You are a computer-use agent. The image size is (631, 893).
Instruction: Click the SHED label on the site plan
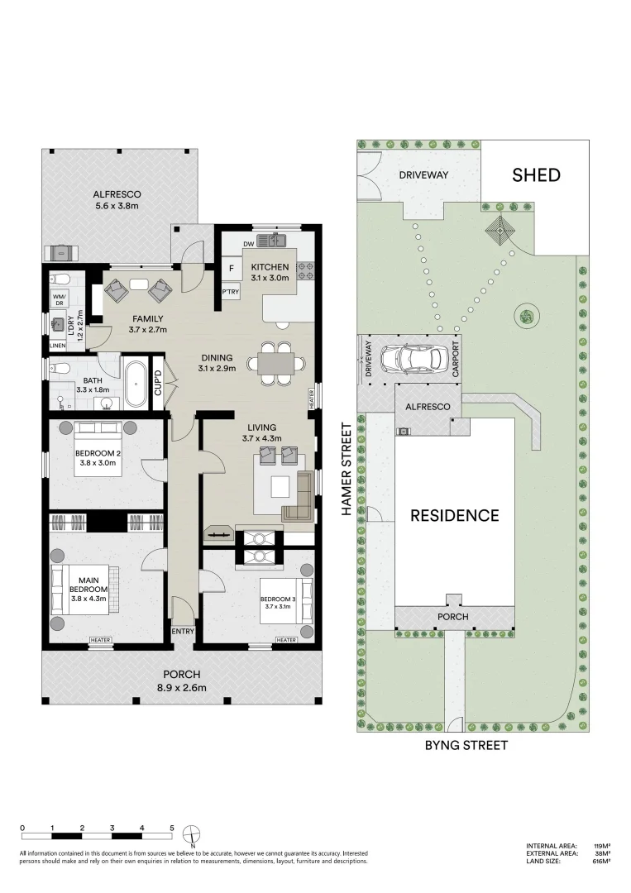pos(536,174)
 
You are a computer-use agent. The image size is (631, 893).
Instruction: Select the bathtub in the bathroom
pos(136,384)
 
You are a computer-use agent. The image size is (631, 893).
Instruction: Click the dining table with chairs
pos(275,364)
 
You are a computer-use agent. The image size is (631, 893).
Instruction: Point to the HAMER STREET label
pos(347,470)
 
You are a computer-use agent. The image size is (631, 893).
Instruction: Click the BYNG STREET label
pos(466,745)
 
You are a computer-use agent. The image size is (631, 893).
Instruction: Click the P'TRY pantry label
pos(231,292)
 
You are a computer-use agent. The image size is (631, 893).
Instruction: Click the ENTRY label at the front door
pos(183,632)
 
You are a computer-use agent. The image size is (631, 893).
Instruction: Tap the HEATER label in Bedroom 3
pos(286,640)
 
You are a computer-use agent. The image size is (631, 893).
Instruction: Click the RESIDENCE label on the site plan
pos(455,515)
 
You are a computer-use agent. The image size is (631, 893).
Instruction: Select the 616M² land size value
pos(601,861)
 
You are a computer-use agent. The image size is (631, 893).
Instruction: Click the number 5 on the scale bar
pos(172,827)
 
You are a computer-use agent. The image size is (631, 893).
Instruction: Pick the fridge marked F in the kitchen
pos(231,268)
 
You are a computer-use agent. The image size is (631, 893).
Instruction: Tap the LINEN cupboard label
pos(58,346)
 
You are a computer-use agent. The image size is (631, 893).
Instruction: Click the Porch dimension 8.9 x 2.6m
pos(181,687)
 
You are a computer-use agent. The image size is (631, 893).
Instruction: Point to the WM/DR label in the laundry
pos(59,298)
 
